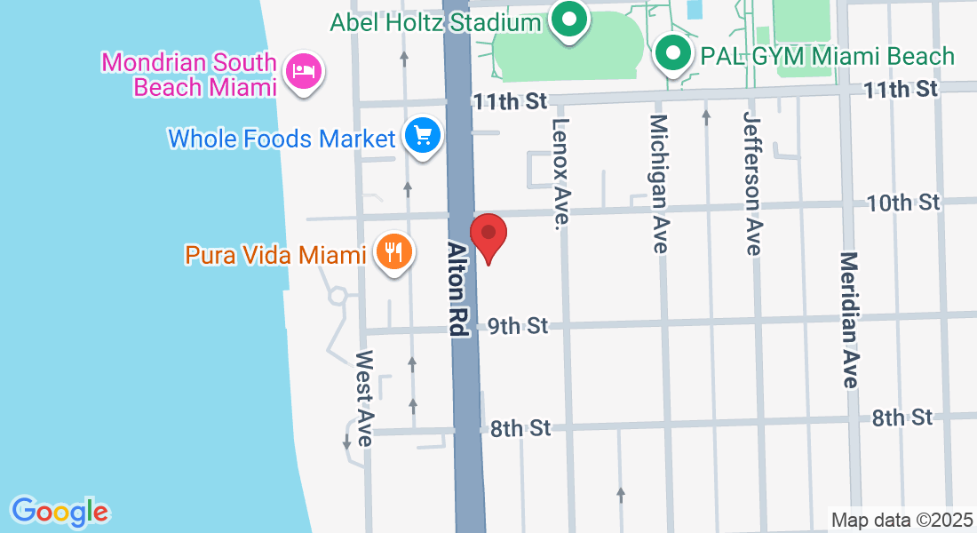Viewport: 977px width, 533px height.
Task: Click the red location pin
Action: (488, 235)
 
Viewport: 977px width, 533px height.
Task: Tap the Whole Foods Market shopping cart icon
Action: (423, 137)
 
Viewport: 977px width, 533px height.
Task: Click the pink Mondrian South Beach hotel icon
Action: (304, 70)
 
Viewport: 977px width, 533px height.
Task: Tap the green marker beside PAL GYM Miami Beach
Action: (673, 56)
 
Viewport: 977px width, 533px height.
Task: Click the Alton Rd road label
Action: (457, 290)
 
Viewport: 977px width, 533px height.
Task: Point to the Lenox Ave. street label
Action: (560, 173)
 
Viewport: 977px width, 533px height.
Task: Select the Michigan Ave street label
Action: (658, 184)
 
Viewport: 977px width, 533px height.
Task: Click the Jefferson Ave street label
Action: (753, 185)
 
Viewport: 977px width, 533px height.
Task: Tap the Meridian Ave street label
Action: (849, 320)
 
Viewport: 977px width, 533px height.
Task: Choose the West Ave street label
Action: (364, 398)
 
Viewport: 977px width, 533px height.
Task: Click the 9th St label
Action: (518, 327)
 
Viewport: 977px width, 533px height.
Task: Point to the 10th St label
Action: (903, 203)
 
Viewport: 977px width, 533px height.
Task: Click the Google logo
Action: (60, 512)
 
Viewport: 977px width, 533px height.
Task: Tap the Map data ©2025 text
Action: (901, 520)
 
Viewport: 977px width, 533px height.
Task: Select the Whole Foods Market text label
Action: (282, 139)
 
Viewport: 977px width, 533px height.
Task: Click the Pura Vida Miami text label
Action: (275, 255)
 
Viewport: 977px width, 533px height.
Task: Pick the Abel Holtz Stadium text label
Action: (435, 22)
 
